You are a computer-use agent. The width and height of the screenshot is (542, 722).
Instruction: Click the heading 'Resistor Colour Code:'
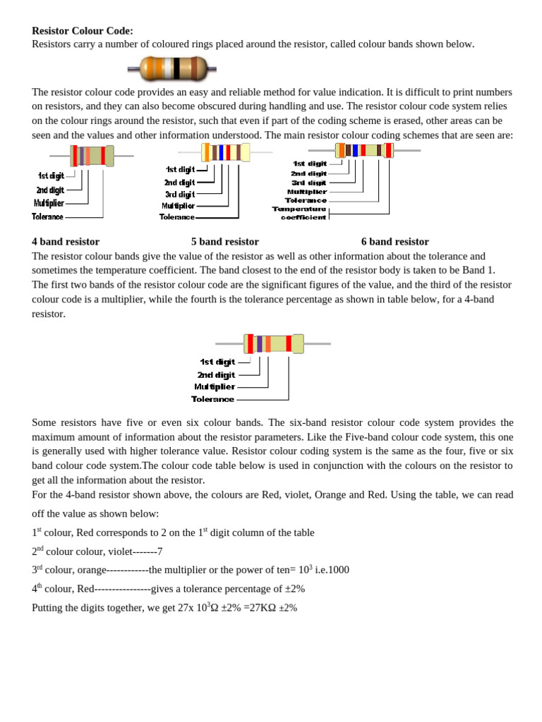point(83,31)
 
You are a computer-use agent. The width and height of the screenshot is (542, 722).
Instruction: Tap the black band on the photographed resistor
point(176,68)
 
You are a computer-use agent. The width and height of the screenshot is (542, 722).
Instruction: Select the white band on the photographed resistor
point(168,68)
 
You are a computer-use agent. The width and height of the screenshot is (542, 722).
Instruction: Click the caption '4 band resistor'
point(66,241)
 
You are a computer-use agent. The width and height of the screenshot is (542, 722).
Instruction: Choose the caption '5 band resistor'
point(224,241)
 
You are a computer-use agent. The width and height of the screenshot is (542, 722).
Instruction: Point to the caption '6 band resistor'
point(395,241)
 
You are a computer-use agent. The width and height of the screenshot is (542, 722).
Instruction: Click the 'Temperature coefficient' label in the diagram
point(300,213)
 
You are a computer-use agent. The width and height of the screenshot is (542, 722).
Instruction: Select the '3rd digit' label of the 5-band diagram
point(179,194)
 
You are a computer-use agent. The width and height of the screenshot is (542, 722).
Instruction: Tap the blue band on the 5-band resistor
point(221,152)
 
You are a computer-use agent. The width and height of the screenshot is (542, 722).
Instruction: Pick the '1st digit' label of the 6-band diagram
point(310,164)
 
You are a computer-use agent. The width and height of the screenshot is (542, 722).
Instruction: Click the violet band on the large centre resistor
point(260,343)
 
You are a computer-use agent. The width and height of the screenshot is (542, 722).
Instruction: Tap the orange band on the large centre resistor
point(268,343)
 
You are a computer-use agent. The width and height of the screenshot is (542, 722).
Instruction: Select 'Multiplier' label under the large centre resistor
point(215,386)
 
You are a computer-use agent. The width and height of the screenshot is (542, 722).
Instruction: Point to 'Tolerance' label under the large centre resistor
point(212,399)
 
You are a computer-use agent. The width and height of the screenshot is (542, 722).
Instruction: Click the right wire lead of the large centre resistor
point(317,343)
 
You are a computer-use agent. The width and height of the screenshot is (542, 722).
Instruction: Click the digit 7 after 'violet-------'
point(160,551)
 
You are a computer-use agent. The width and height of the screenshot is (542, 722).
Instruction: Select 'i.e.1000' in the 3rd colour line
point(332,570)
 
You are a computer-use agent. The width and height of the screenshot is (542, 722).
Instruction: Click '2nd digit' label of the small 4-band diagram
point(50,190)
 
